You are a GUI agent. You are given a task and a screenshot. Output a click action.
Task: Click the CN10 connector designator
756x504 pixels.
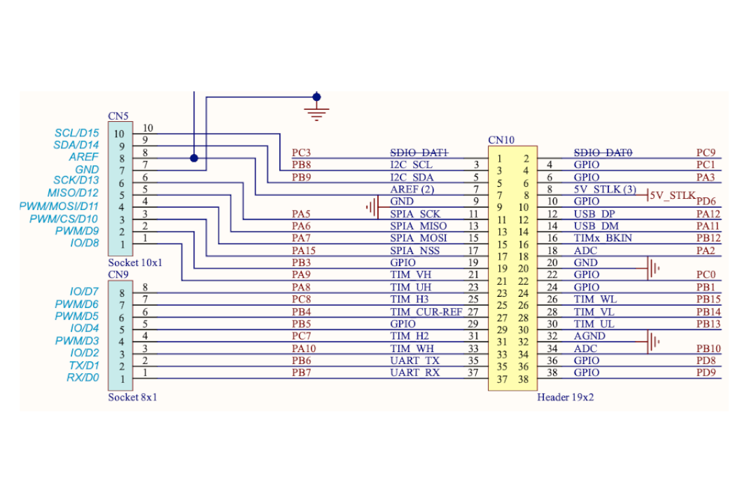click(501, 140)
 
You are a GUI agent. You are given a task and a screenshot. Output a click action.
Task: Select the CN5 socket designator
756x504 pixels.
click(118, 115)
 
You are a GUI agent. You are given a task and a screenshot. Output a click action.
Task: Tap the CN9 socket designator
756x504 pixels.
click(118, 274)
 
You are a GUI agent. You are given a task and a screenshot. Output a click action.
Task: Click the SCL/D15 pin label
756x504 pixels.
click(77, 132)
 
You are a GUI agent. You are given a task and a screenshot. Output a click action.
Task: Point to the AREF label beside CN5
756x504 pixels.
click(83, 157)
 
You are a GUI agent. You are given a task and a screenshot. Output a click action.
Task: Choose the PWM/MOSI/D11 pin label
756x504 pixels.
click(59, 206)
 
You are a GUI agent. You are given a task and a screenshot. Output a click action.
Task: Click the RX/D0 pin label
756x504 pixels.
click(83, 377)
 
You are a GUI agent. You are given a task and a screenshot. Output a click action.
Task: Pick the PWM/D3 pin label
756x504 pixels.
click(77, 340)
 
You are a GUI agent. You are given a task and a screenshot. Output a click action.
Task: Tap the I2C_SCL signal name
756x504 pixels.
click(412, 164)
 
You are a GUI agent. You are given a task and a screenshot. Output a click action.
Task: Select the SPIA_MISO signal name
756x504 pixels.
click(419, 225)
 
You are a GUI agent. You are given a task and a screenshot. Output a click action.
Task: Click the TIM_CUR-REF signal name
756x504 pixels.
click(426, 311)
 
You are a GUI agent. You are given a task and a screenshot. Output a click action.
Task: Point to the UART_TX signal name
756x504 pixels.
click(414, 360)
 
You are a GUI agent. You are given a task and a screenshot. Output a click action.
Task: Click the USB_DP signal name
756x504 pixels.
click(594, 213)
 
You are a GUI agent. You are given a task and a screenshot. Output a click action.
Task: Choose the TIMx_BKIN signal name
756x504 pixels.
click(603, 238)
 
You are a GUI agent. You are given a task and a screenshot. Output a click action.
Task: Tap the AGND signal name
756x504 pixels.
click(589, 336)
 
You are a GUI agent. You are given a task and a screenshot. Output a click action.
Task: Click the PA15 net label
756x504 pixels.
click(304, 251)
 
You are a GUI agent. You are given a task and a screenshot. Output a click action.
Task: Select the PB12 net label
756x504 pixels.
click(708, 238)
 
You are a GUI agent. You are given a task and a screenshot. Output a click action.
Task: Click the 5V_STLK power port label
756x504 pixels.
click(673, 195)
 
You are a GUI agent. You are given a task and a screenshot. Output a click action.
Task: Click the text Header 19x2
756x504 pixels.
click(565, 397)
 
